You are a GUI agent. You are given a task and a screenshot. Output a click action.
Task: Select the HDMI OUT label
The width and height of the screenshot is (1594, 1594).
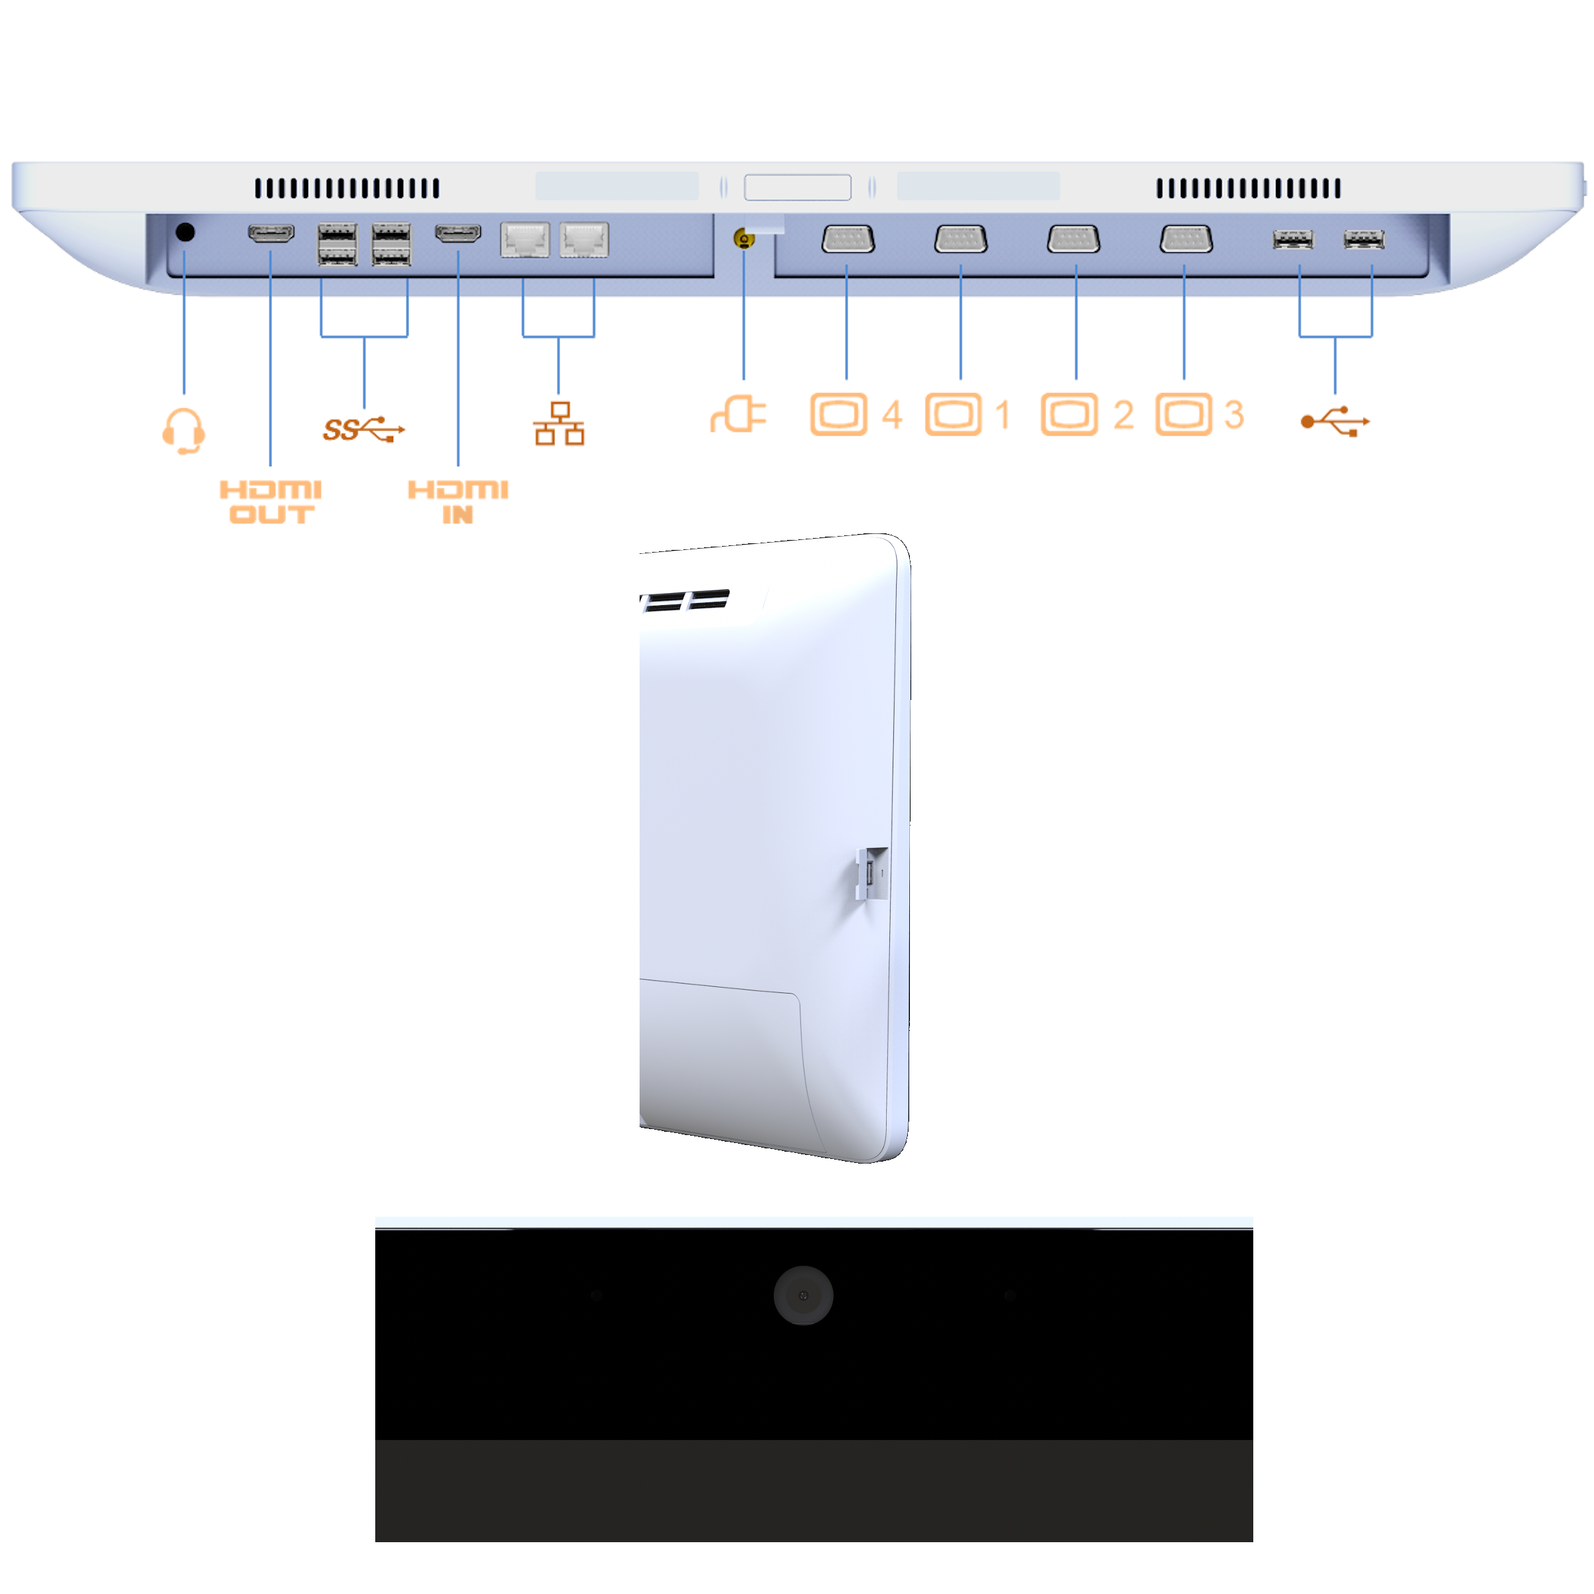coord(270,501)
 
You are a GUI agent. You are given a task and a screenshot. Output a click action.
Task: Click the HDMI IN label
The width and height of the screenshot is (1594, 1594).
coord(458,501)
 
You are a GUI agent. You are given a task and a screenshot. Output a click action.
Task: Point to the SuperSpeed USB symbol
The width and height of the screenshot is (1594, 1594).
coord(364,429)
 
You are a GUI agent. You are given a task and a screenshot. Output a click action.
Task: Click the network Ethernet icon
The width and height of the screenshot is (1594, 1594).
coord(559,424)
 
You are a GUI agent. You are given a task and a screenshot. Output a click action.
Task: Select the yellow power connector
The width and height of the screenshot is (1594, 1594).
coord(744,240)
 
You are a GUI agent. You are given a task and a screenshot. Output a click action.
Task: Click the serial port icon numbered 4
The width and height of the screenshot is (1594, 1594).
coord(838,414)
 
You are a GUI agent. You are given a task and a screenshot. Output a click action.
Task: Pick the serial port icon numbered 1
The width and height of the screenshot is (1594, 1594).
coord(954,414)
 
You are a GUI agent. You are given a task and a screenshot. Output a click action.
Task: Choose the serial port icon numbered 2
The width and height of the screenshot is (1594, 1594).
coord(1069,414)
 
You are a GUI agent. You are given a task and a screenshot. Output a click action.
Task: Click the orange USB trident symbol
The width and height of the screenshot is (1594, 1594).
coord(1335,422)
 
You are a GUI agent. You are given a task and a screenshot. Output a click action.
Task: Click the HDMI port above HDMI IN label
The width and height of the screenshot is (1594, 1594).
coord(459,234)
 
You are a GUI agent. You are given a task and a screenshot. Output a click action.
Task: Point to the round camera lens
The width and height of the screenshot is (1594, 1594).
coord(803,1295)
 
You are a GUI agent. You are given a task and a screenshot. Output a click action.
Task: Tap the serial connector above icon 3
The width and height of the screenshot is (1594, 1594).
coord(1186,239)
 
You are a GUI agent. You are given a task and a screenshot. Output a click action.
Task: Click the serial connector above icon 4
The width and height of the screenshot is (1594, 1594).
coord(848,239)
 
